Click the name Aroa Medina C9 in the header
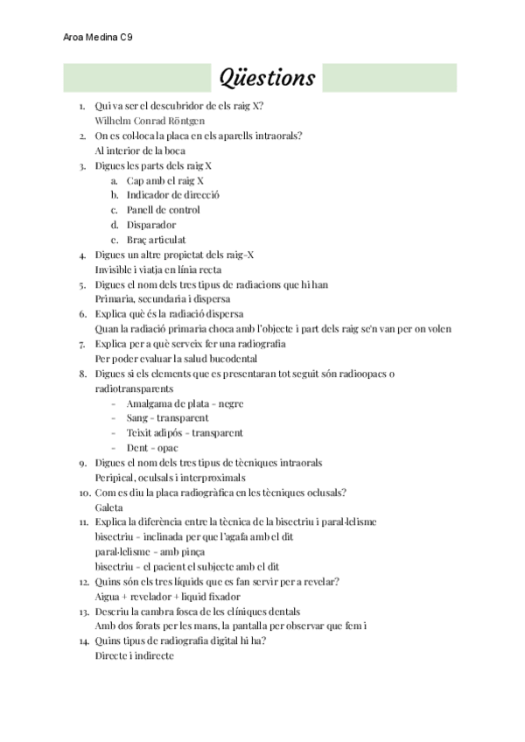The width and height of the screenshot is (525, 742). (99, 38)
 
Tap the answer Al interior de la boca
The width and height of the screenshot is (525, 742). (139, 150)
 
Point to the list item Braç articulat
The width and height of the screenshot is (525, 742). (156, 240)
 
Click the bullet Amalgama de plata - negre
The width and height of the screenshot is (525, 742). (185, 403)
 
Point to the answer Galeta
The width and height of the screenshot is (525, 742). (108, 507)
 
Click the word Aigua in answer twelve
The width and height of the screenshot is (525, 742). (108, 597)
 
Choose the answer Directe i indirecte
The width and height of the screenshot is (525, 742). (134, 656)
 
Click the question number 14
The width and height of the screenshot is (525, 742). (83, 641)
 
